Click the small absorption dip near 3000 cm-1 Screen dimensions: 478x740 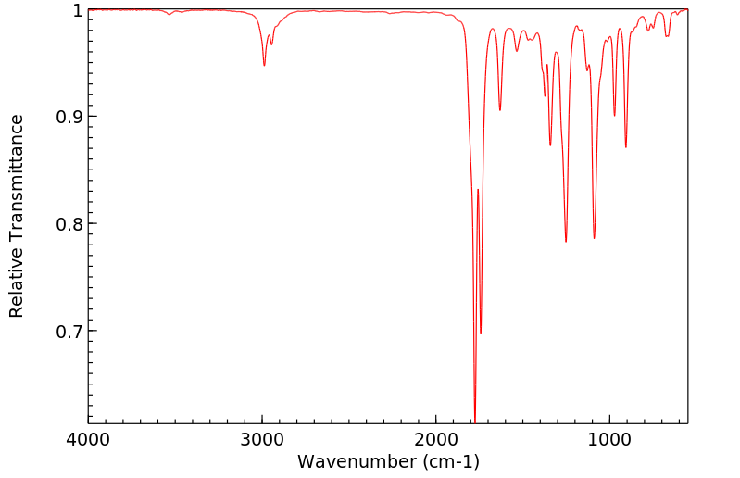pyautogui.click(x=264, y=65)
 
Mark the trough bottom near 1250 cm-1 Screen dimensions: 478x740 pyautogui.click(x=566, y=242)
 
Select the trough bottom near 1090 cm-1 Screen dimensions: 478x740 pyautogui.click(x=595, y=238)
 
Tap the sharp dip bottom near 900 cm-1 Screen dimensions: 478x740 pyautogui.click(x=626, y=146)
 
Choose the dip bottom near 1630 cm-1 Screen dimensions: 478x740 pyautogui.click(x=500, y=110)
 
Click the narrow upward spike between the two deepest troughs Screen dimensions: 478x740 pyautogui.click(x=478, y=190)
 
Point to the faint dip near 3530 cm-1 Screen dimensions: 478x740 pyautogui.click(x=169, y=15)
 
